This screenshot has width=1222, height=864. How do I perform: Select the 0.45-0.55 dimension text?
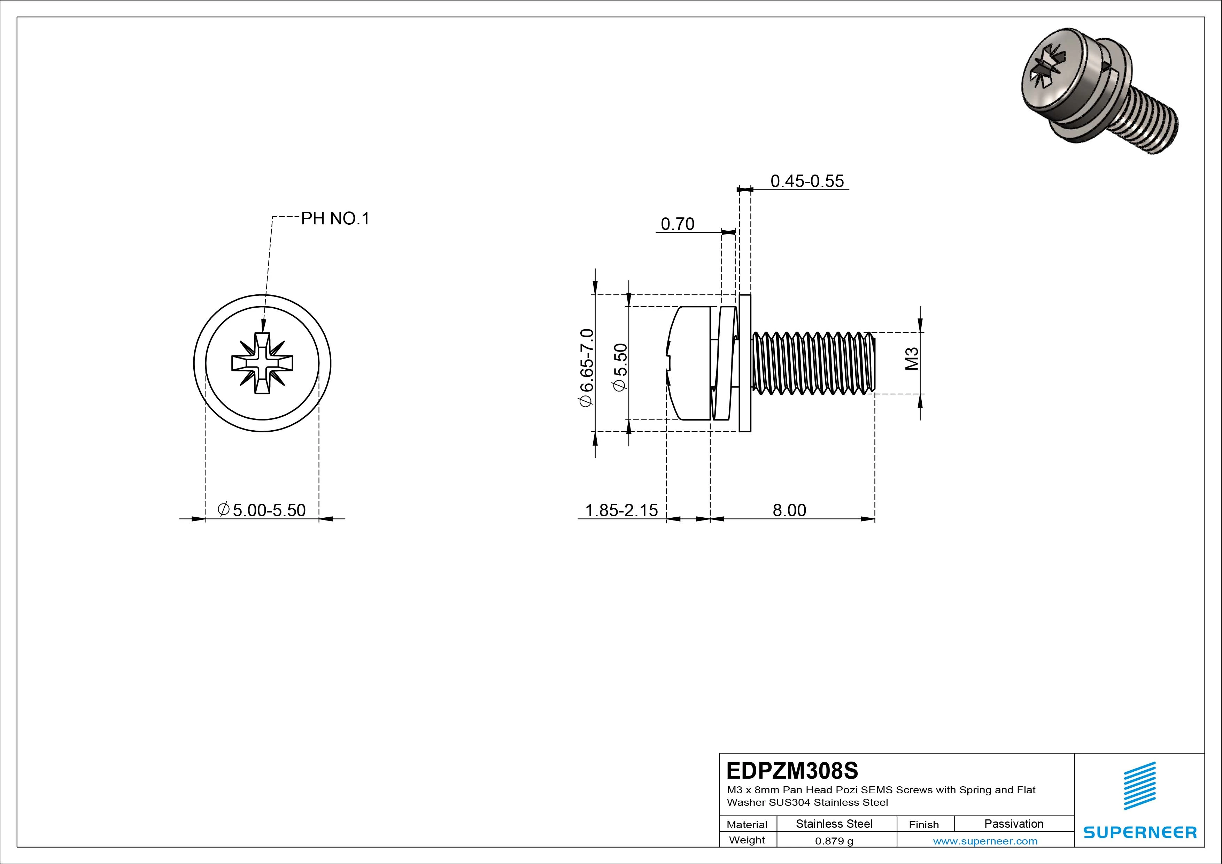click(x=807, y=181)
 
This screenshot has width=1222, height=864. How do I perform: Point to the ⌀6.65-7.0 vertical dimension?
click(x=586, y=367)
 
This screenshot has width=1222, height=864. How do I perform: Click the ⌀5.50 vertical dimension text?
click(x=620, y=367)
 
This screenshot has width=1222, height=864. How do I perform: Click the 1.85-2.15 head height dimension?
click(x=621, y=510)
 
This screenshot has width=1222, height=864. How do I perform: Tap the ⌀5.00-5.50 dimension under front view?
click(x=262, y=510)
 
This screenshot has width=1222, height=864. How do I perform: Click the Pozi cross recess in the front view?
click(x=262, y=364)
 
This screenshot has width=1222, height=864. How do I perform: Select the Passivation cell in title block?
click(x=1013, y=824)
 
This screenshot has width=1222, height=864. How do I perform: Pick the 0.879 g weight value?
click(x=834, y=841)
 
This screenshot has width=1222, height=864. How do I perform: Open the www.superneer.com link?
click(x=985, y=841)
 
